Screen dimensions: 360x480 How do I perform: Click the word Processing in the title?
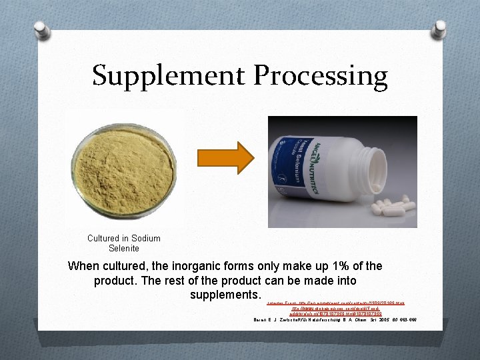point(319,75)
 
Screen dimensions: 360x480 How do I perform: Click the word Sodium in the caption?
point(146,238)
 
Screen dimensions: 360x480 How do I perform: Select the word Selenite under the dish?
point(124,248)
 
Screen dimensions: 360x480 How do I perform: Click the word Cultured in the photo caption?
point(107,238)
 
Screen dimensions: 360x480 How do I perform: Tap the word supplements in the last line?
point(223,294)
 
